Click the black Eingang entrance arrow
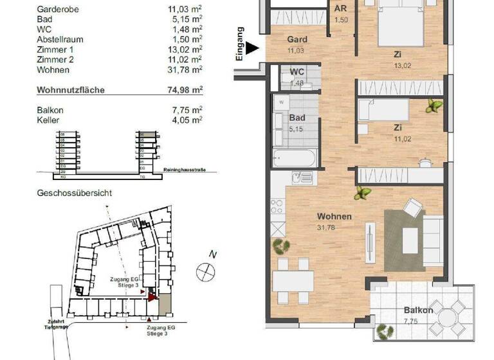click(252, 48)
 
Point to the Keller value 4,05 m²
click(188, 120)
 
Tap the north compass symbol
click(206, 271)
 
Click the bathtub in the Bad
click(294, 157)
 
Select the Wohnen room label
click(333, 217)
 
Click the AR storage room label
click(340, 10)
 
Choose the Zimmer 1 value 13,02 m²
click(188, 50)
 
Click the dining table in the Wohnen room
click(293, 281)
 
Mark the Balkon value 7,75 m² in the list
click(188, 110)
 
